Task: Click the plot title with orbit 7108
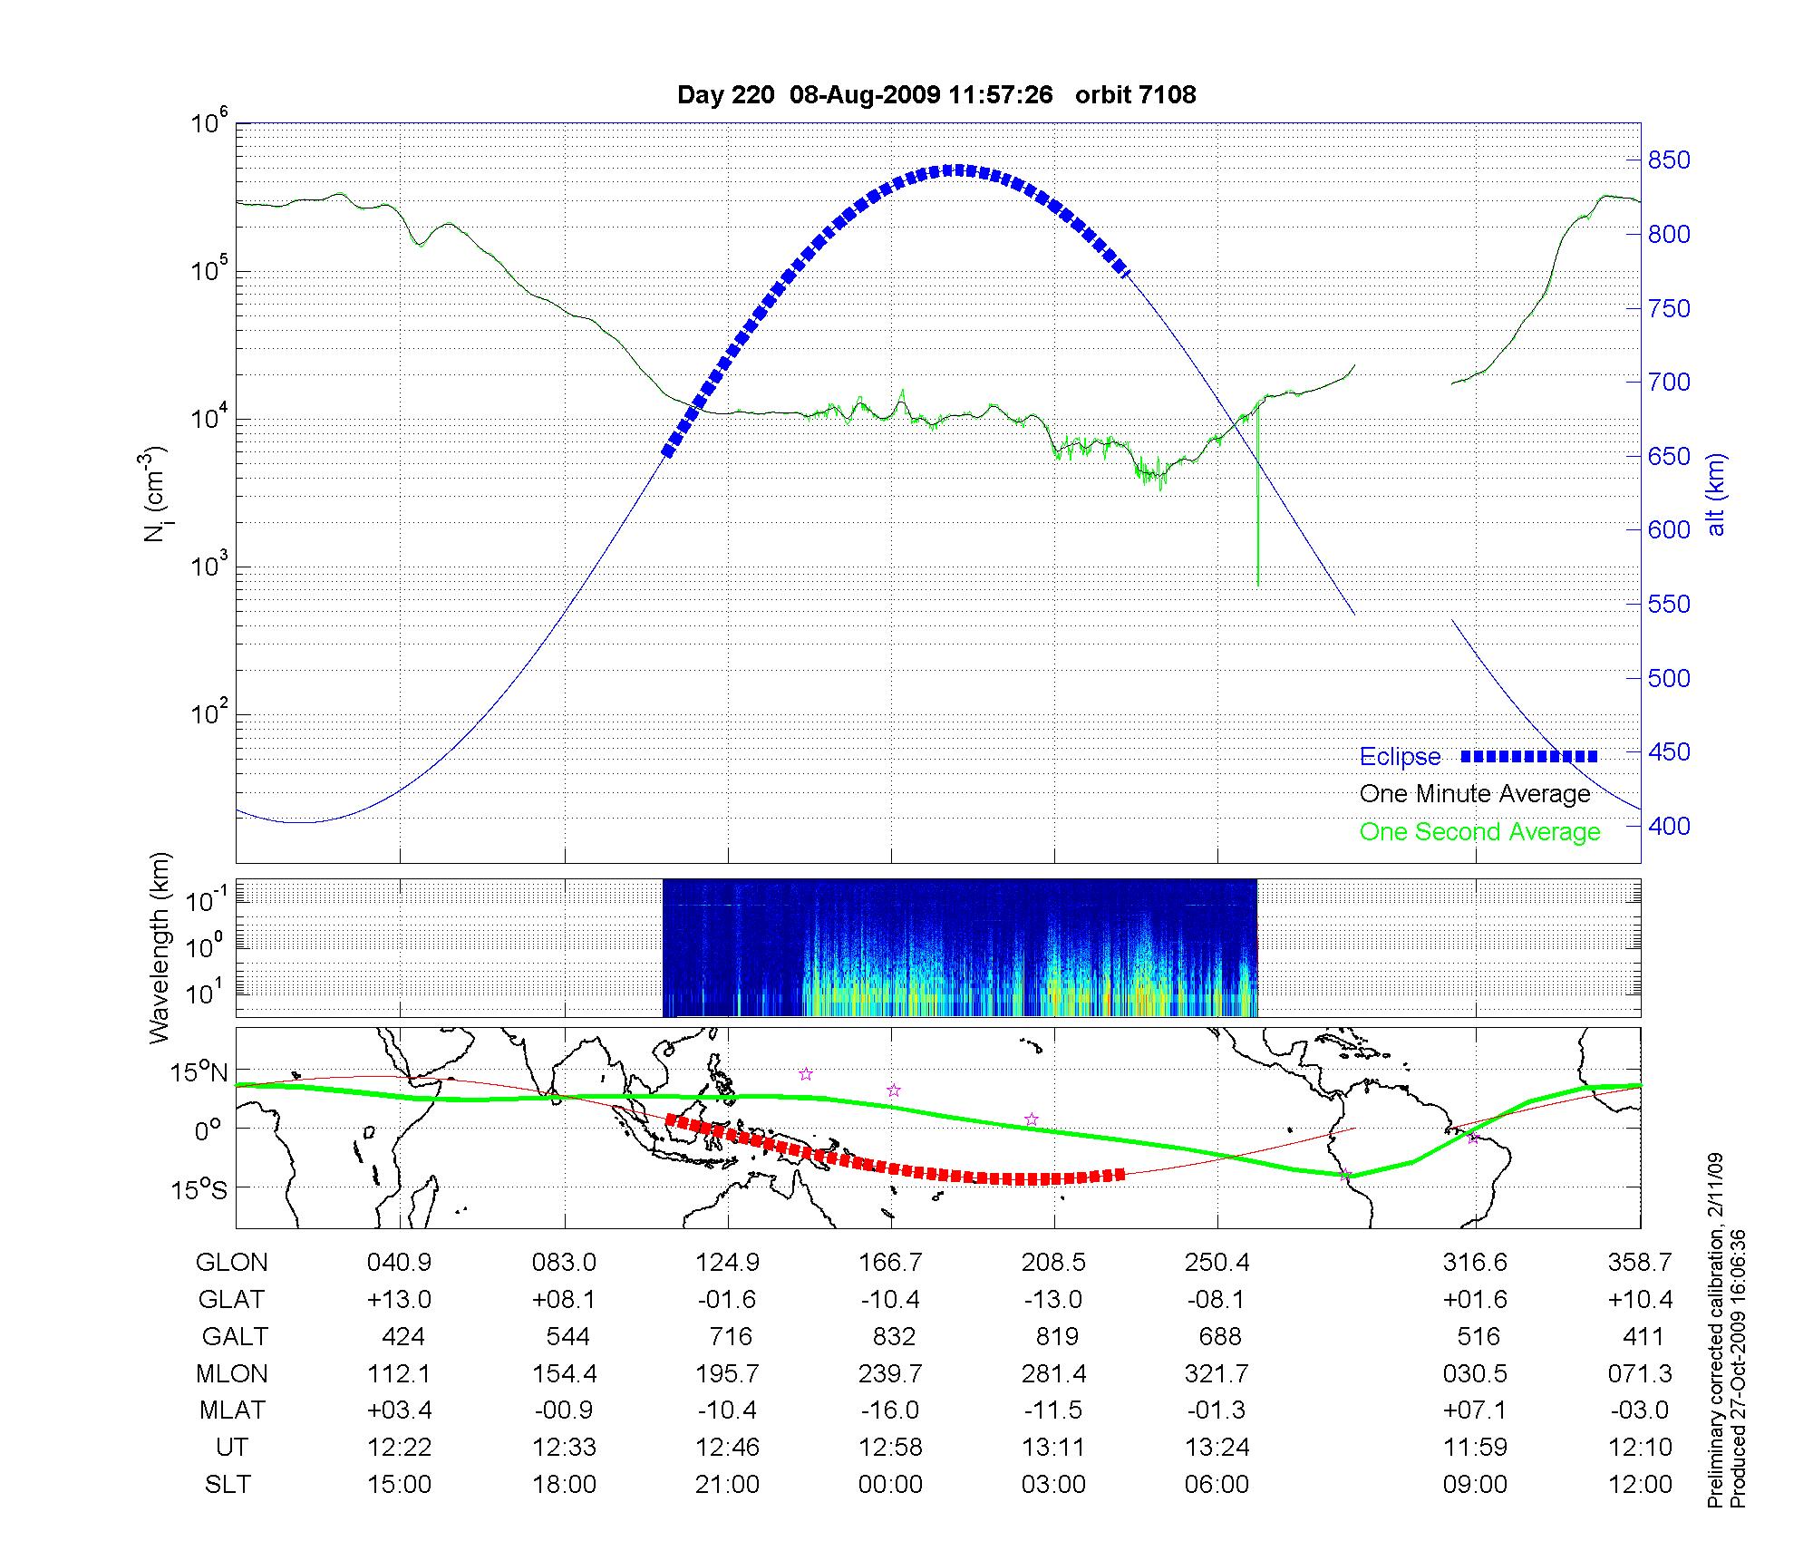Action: pos(936,94)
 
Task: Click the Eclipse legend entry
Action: pos(1400,757)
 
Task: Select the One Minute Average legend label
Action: pos(1475,794)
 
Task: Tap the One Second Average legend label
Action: pos(1479,832)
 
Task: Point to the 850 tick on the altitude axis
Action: pos(1669,160)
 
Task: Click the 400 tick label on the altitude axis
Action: pos(1669,826)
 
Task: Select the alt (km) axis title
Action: pos(1716,494)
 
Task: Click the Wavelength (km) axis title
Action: pos(160,948)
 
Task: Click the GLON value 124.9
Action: pos(727,1263)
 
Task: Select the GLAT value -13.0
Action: pos(1053,1300)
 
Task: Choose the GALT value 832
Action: pos(893,1337)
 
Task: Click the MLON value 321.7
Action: pos(1217,1374)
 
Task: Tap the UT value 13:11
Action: pos(1053,1448)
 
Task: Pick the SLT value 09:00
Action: pos(1475,1485)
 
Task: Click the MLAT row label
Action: pos(232,1410)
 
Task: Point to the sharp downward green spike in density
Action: pos(1258,544)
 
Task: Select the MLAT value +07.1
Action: pos(1475,1410)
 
